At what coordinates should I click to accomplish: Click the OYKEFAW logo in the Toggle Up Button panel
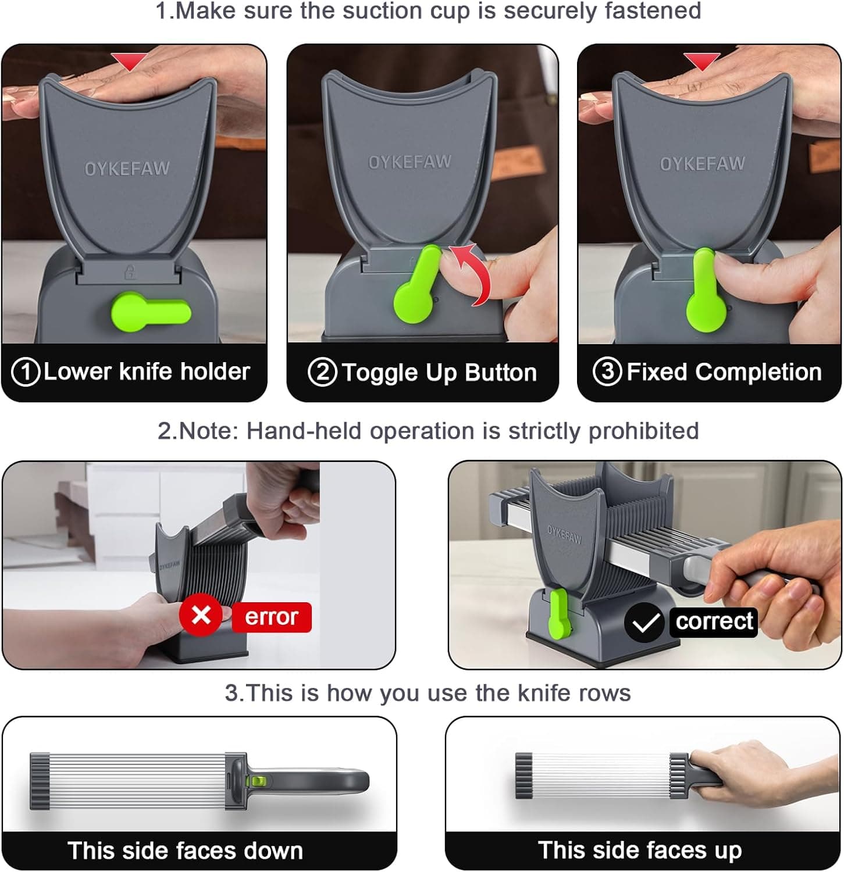point(410,162)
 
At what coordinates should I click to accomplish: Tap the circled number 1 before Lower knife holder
point(26,372)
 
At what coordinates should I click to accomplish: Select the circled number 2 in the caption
point(322,372)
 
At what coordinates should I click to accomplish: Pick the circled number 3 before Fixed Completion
point(607,371)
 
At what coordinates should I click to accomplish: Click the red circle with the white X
point(201,615)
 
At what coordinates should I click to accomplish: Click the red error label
point(271,617)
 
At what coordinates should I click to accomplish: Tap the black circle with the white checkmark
point(644,623)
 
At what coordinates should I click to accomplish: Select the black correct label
point(714,621)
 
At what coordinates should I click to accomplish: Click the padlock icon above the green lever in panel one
point(130,270)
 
